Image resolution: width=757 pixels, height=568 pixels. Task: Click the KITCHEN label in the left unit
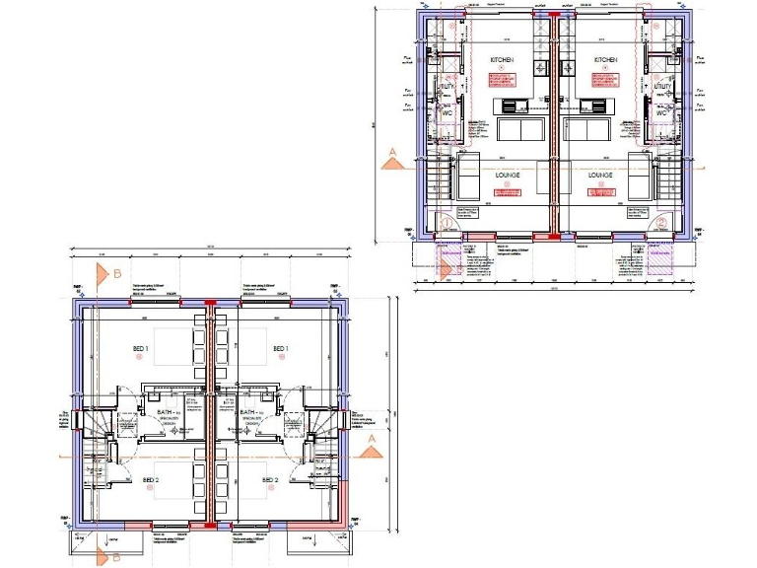pos(503,60)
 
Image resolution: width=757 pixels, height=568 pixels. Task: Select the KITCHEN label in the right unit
pos(606,60)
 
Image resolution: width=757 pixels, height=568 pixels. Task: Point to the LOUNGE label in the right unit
pos(602,175)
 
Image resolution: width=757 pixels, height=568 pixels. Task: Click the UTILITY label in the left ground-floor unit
pos(447,88)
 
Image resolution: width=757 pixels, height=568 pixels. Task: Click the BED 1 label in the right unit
pos(280,349)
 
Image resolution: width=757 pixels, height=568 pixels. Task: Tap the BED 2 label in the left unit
pos(150,479)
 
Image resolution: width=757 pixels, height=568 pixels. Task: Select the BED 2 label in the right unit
pos(269,479)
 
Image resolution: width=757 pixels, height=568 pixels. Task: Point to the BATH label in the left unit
pos(163,412)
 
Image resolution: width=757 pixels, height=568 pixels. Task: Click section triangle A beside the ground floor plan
pos(392,153)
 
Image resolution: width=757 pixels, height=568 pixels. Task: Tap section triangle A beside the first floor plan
pos(371,449)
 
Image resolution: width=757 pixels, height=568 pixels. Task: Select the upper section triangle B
pos(102,271)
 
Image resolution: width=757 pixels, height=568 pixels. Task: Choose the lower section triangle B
pos(103,556)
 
